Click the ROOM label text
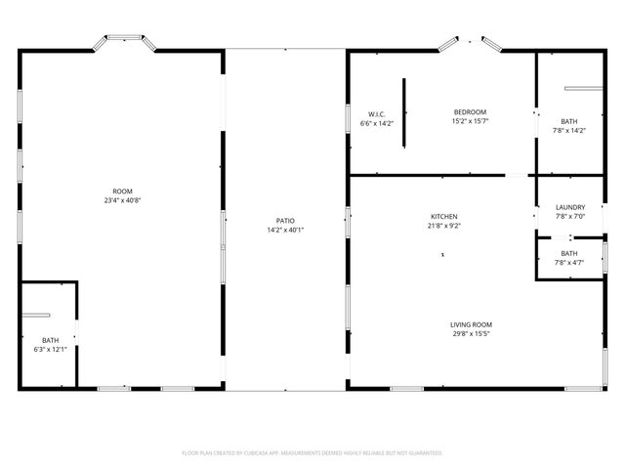tap(122, 192)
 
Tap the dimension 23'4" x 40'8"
tap(122, 200)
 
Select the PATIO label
tap(286, 221)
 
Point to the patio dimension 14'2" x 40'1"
tap(286, 230)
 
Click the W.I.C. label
tap(376, 114)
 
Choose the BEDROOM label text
tap(470, 112)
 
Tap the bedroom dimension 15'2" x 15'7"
tap(470, 121)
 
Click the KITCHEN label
tap(444, 216)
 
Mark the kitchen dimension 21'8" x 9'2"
tap(444, 225)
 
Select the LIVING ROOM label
tap(471, 324)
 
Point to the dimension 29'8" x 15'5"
tap(471, 333)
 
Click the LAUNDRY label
tap(569, 207)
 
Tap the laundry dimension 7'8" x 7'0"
tap(569, 216)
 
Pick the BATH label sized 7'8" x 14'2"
tap(568, 121)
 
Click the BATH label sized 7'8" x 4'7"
tap(568, 253)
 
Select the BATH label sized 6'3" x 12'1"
tap(50, 340)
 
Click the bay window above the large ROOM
tap(123, 41)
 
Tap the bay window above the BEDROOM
tap(470, 42)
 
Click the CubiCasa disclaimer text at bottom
tap(312, 452)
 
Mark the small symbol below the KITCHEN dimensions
tap(442, 254)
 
